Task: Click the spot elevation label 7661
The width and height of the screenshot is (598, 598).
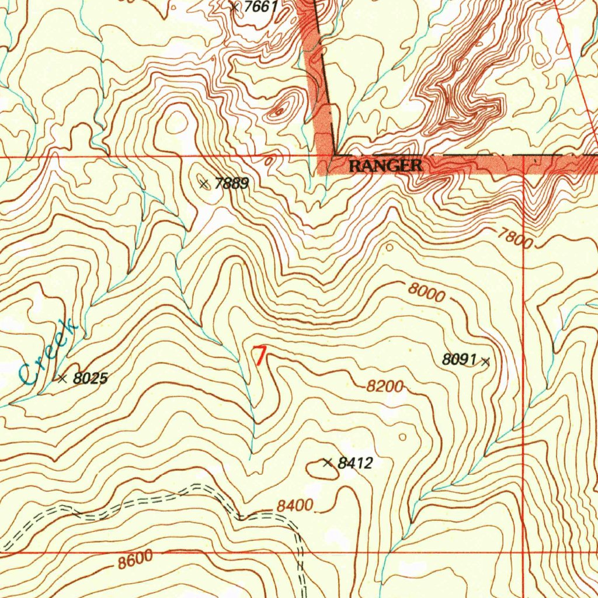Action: tap(260, 8)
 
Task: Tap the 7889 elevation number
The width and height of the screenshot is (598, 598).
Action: tap(232, 185)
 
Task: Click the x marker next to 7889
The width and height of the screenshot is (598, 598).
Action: tap(204, 185)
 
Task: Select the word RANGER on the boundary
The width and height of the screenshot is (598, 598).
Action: tap(385, 166)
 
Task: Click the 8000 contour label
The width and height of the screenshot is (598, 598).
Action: tap(426, 293)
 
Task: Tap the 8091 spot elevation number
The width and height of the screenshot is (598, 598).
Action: tap(460, 360)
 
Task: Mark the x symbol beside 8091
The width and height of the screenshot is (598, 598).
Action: tap(485, 362)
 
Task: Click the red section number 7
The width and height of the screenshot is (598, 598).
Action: tap(259, 356)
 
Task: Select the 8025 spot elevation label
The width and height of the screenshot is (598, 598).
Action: tap(91, 378)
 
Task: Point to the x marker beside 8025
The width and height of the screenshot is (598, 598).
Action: tap(62, 378)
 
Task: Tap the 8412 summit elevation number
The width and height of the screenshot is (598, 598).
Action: tap(355, 464)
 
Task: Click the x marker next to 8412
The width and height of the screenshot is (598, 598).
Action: tap(328, 463)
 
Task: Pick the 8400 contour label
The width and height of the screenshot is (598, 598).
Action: tap(295, 506)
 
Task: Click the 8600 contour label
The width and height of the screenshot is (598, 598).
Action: tap(135, 561)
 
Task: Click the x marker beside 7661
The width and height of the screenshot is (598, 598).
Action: tap(235, 8)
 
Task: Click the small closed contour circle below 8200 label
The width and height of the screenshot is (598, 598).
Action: tap(402, 436)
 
